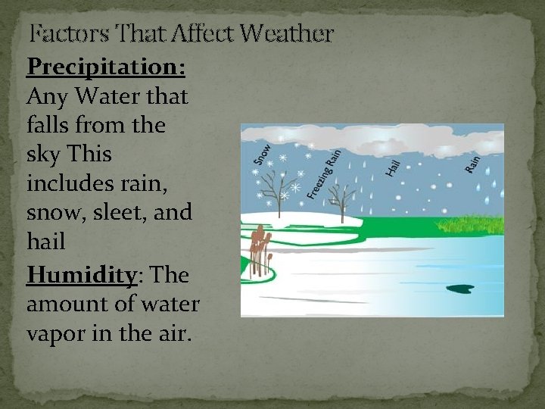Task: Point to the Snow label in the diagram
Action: (262, 154)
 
